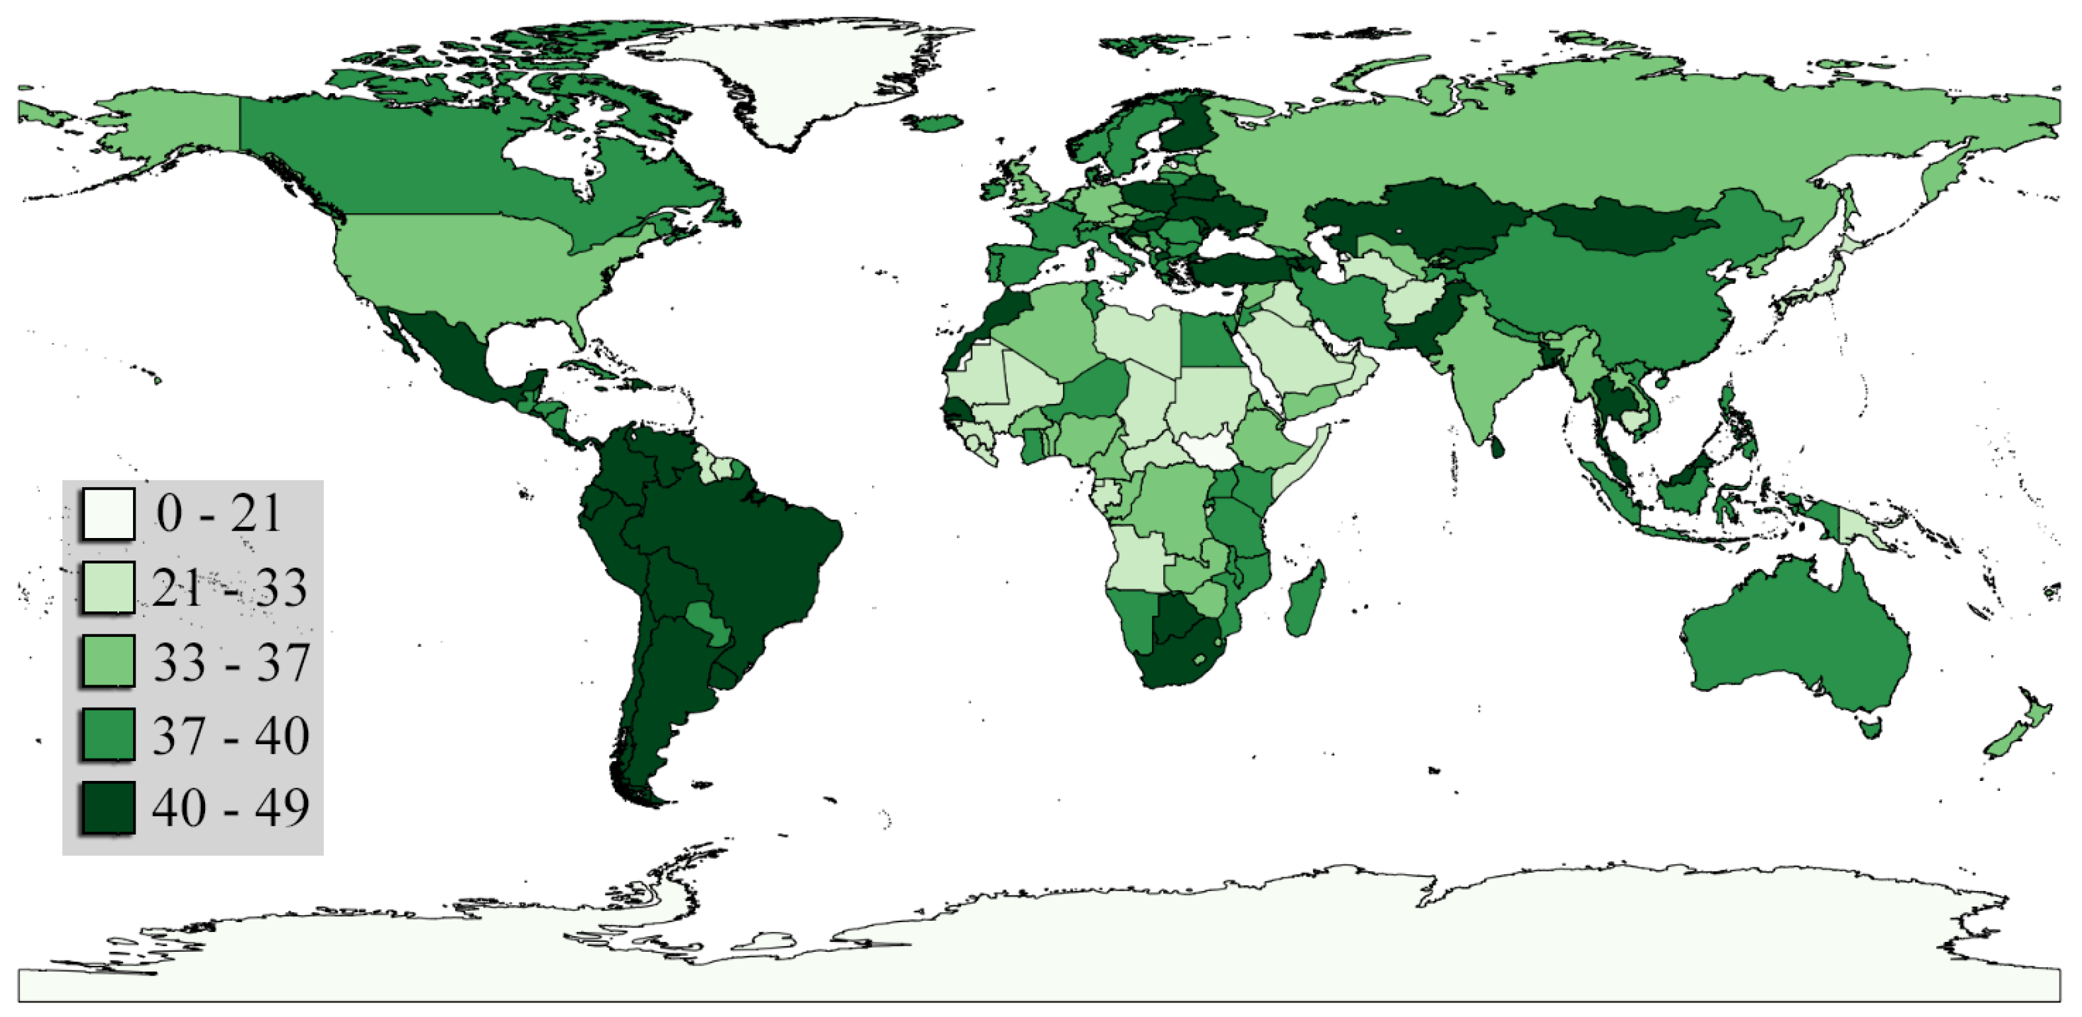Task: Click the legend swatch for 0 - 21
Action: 108,514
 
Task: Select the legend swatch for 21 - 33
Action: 108,587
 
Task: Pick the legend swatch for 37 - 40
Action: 108,734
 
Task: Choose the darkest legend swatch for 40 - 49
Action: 108,807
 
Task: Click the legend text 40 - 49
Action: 231,807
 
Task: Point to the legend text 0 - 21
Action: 218,514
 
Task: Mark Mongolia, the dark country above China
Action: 1624,226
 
